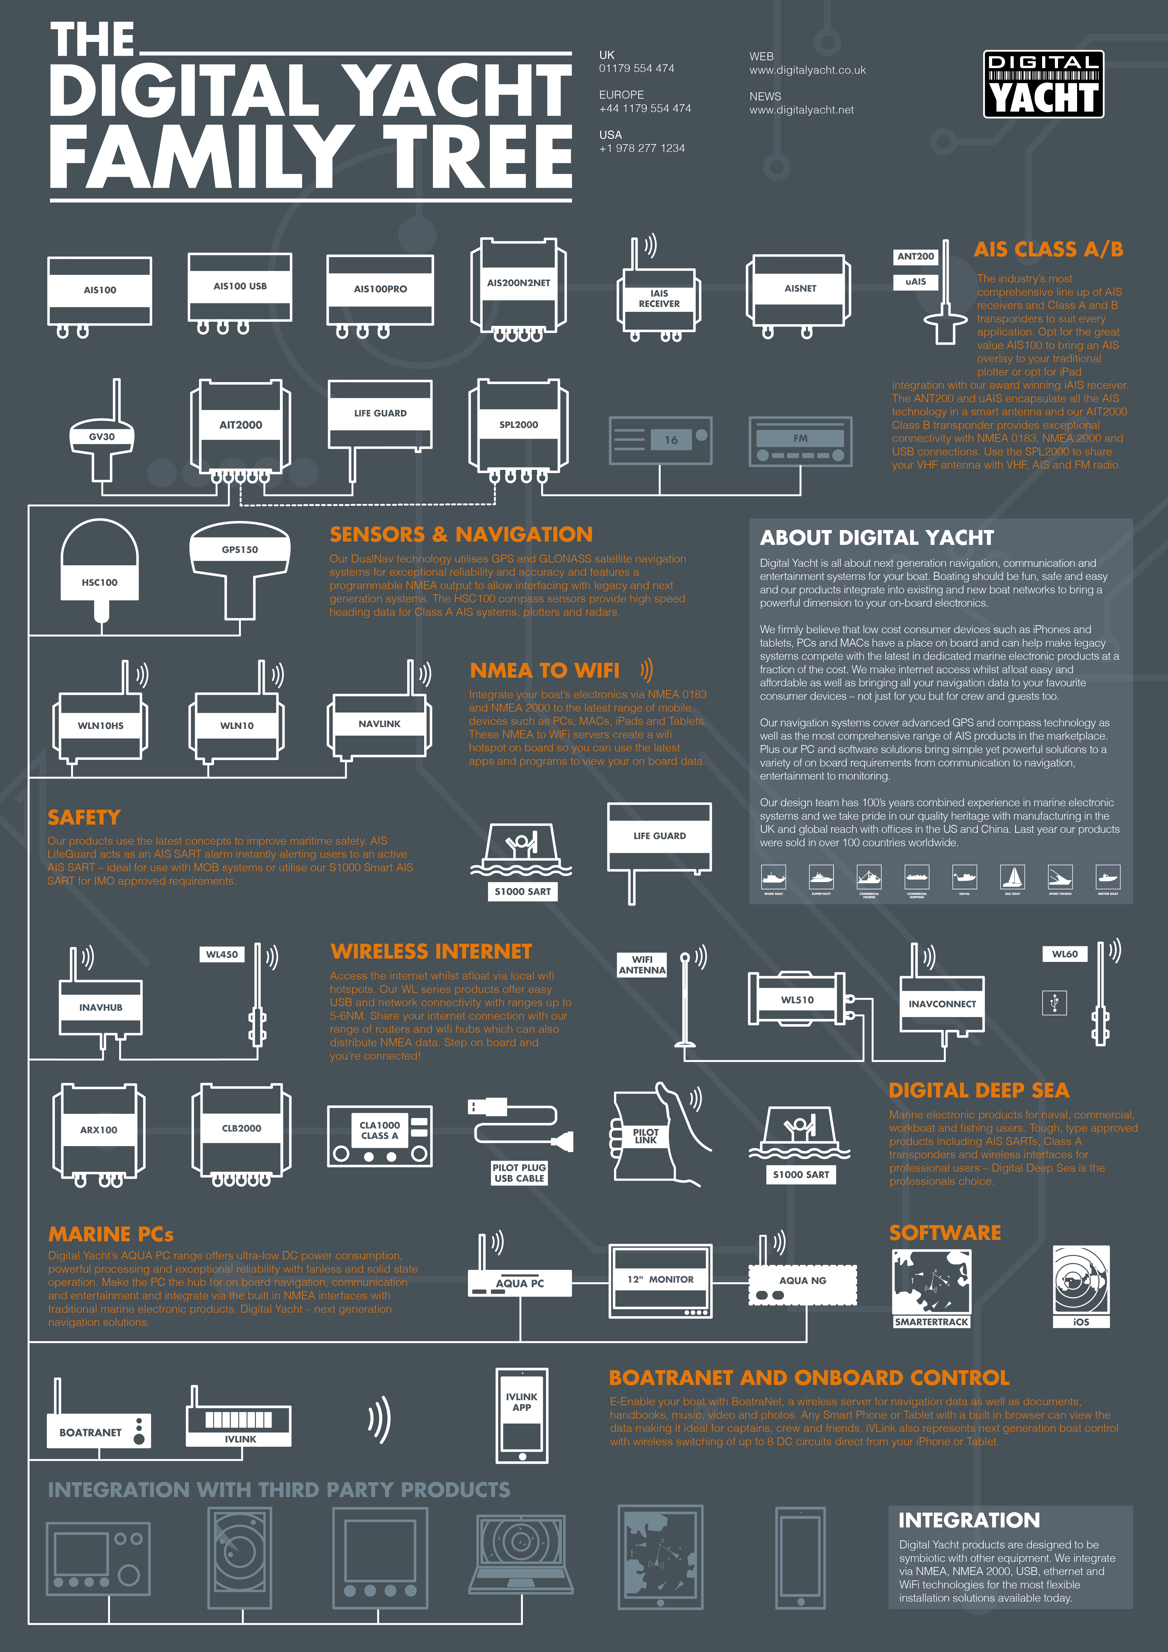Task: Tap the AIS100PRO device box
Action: tap(380, 289)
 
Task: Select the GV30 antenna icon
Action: tap(101, 436)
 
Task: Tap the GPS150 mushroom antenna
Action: tap(240, 554)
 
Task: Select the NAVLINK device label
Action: tap(379, 724)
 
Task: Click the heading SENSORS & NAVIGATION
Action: tap(461, 534)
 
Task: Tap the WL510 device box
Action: tap(797, 999)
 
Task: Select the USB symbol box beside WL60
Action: tap(1054, 1002)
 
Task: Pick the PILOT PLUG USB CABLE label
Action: tap(519, 1173)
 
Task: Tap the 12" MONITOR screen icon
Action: tap(660, 1279)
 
